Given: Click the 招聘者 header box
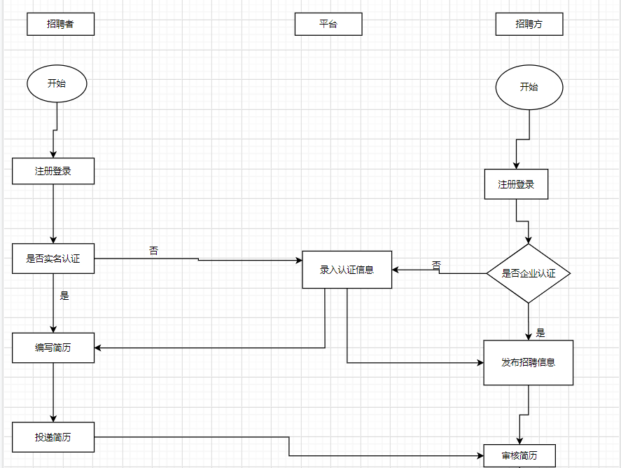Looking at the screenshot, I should pyautogui.click(x=60, y=24).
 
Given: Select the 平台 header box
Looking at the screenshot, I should pyautogui.click(x=328, y=24).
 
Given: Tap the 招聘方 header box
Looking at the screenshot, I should pyautogui.click(x=529, y=24).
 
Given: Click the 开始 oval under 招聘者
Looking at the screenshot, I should pyautogui.click(x=57, y=83).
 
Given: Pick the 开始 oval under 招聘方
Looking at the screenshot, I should pyautogui.click(x=529, y=88).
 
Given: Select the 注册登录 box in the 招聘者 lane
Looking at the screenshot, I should pyautogui.click(x=53, y=171).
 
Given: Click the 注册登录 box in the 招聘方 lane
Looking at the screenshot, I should pyautogui.click(x=516, y=184).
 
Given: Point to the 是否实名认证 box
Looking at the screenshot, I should pyautogui.click(x=53, y=259).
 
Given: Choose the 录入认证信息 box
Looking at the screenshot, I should pyautogui.click(x=347, y=269).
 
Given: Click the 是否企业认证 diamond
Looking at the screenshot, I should pyautogui.click(x=529, y=273).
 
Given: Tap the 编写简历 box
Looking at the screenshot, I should pyautogui.click(x=53, y=348).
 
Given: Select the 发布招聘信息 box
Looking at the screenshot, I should pyautogui.click(x=528, y=362).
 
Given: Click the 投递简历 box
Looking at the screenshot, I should pyautogui.click(x=53, y=437).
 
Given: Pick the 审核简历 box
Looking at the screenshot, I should pyautogui.click(x=519, y=455).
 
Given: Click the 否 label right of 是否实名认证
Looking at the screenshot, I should pyautogui.click(x=153, y=250).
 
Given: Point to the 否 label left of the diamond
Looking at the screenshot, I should pyautogui.click(x=436, y=265).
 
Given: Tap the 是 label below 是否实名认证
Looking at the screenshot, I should pyautogui.click(x=64, y=296).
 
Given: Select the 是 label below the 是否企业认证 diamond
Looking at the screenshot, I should pyautogui.click(x=540, y=333).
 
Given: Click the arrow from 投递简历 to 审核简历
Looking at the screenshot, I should pyautogui.click(x=289, y=447).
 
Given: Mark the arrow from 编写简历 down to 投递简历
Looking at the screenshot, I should pyautogui.click(x=53, y=392).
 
